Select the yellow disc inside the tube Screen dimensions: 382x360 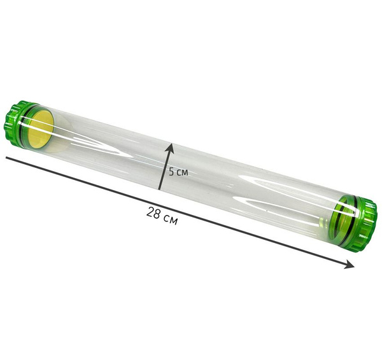(x=41, y=130)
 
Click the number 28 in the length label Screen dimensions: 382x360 (x=153, y=212)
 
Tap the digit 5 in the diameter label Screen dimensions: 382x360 (x=171, y=172)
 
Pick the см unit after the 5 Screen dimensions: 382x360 (x=182, y=172)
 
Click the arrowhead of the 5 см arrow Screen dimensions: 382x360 (x=170, y=148)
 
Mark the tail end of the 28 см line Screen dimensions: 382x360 (x=6, y=158)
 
